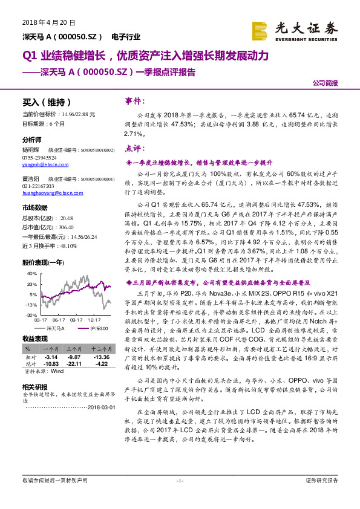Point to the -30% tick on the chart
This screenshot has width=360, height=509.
(30, 316)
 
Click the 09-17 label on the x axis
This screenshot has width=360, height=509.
(76, 321)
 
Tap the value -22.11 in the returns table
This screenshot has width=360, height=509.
(74, 363)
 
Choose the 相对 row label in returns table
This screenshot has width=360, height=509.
(31, 357)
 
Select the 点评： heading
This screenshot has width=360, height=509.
(133, 148)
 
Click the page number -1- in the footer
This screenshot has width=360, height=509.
(179, 481)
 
